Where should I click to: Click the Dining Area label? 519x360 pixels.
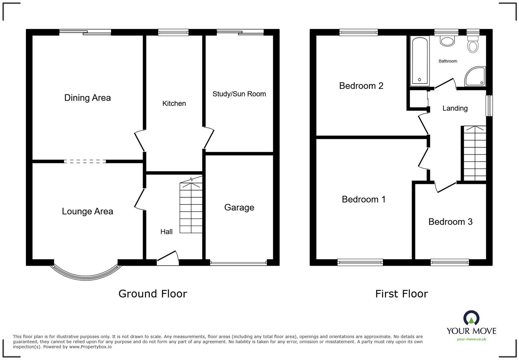point(87,98)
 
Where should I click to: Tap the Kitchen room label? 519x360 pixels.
point(174,104)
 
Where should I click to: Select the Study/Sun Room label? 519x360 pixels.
point(239,94)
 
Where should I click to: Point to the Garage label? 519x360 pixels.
point(239,207)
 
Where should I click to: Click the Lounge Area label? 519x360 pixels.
point(87,211)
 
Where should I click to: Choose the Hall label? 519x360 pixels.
point(166,232)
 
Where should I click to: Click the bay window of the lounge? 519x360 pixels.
point(86,273)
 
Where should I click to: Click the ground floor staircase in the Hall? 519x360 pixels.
point(191,207)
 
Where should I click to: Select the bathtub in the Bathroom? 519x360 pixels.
point(419,61)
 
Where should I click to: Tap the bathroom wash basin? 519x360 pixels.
point(447,41)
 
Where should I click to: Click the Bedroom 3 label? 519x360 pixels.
point(450,222)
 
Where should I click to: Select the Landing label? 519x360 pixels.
point(455,108)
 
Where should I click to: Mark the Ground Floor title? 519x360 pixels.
point(153,293)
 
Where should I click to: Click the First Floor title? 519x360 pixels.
point(401,293)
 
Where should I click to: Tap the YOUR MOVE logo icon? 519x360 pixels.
point(471,318)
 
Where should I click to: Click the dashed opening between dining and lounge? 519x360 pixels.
point(85,161)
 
